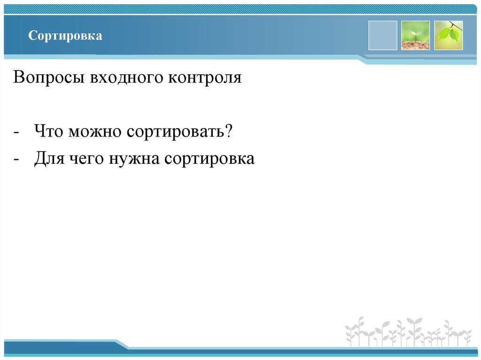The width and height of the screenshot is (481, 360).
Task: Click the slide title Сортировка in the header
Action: (65, 36)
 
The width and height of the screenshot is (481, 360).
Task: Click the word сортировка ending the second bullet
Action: (209, 159)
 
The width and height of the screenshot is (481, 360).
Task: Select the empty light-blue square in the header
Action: (382, 35)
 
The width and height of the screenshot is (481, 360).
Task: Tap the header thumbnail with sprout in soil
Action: (415, 35)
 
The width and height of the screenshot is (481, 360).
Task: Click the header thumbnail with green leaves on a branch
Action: (448, 35)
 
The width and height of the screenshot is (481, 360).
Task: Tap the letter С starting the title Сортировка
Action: (31, 36)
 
